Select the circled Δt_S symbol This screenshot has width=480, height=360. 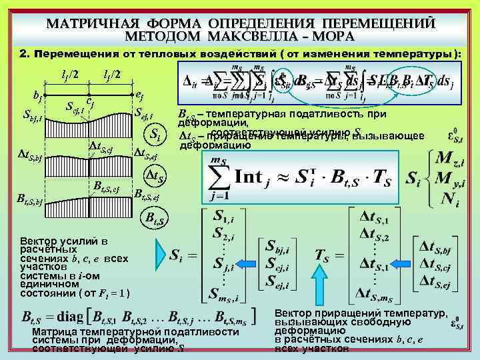(156, 177)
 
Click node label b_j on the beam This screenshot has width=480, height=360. (37, 98)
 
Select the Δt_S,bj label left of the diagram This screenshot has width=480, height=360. (30, 158)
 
